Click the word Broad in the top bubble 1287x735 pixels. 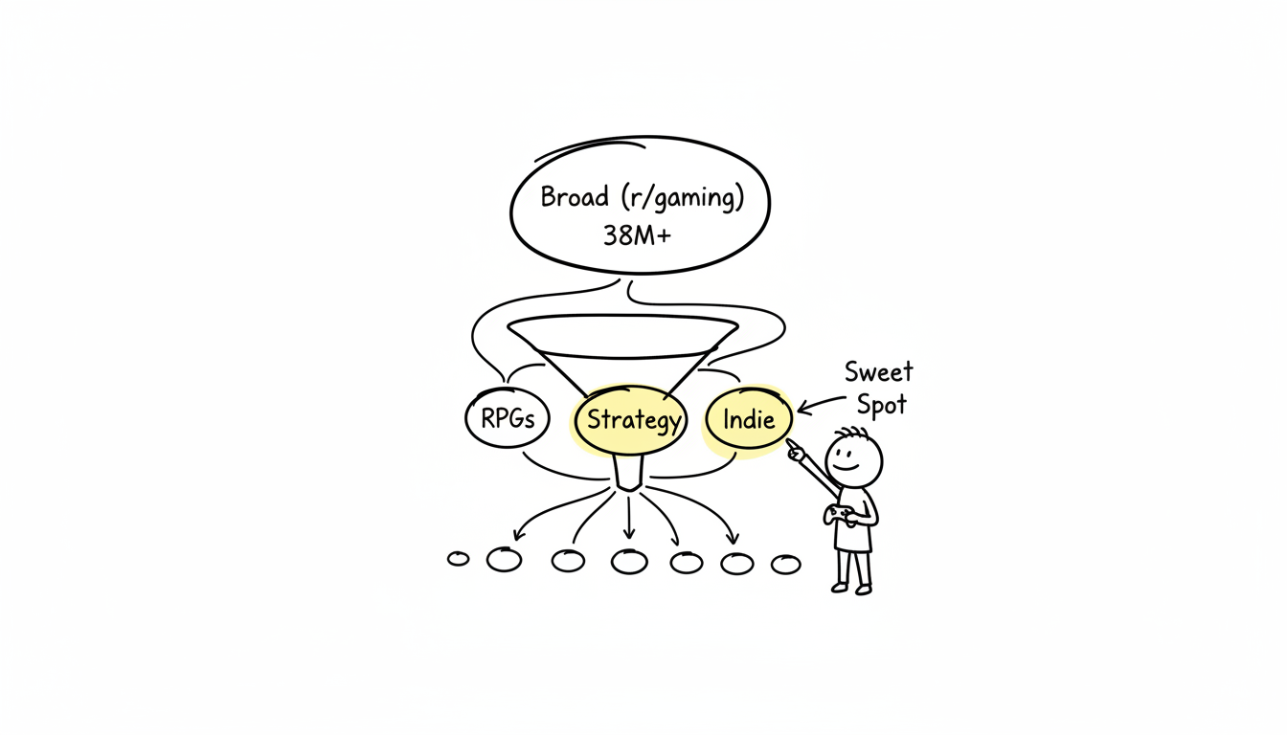(575, 197)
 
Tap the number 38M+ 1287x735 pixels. (637, 235)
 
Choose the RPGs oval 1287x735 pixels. (507, 419)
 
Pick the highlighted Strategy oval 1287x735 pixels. (633, 420)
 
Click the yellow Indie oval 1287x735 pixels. (749, 419)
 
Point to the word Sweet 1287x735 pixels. (878, 371)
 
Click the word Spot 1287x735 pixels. (881, 405)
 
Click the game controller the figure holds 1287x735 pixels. (840, 515)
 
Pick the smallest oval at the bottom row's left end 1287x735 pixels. (459, 558)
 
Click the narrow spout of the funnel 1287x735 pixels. (628, 474)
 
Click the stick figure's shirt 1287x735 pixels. (854, 522)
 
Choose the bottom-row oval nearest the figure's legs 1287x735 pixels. (785, 565)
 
